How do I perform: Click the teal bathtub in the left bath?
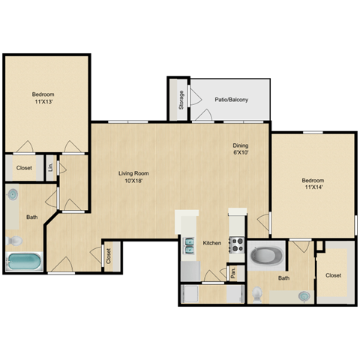click(25, 263)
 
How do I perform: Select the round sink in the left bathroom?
click(12, 195)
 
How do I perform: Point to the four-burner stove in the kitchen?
click(236, 245)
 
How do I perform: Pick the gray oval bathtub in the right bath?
click(265, 256)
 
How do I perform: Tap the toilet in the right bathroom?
click(257, 295)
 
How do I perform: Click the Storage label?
click(181, 100)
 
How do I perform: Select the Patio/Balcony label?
click(232, 100)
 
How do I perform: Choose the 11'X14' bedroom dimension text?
click(313, 188)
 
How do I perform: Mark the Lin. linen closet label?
click(49, 167)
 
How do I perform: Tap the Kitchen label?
click(212, 243)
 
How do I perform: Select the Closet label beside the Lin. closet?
click(24, 168)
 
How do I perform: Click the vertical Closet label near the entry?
click(109, 257)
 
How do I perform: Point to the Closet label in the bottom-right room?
click(333, 275)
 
